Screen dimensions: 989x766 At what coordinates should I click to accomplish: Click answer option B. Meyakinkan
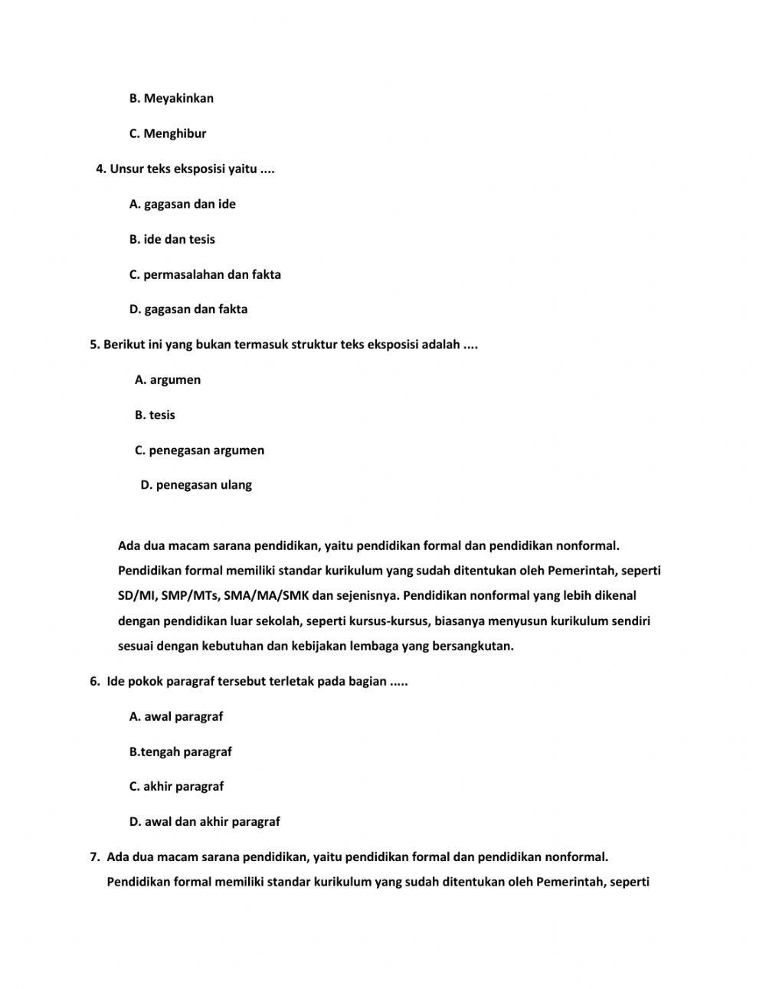pyautogui.click(x=172, y=98)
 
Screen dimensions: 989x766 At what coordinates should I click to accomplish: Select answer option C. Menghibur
pyautogui.click(x=168, y=133)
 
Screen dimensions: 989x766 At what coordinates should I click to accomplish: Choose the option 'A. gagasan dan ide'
pyautogui.click(x=182, y=204)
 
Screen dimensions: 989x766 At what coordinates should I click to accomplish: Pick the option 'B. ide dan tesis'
pyautogui.click(x=172, y=239)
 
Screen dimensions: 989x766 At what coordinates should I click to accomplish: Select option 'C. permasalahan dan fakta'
pyautogui.click(x=205, y=274)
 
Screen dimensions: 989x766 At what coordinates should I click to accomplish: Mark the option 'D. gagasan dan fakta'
pyautogui.click(x=188, y=309)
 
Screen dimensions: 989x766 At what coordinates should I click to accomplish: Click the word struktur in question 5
pyautogui.click(x=315, y=345)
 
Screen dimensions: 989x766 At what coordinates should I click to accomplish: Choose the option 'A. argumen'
pyautogui.click(x=168, y=380)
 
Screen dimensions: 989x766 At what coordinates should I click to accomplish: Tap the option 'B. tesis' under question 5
pyautogui.click(x=155, y=415)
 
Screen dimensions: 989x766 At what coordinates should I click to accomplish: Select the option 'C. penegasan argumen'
pyautogui.click(x=200, y=450)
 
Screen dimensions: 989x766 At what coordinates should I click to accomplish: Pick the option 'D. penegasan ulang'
pyautogui.click(x=196, y=485)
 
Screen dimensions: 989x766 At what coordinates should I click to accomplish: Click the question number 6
pyautogui.click(x=94, y=682)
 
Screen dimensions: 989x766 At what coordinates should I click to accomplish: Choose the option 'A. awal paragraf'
pyautogui.click(x=176, y=717)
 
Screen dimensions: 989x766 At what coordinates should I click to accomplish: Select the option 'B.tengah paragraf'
pyautogui.click(x=181, y=752)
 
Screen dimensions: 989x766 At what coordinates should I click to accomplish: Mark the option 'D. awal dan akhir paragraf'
pyautogui.click(x=205, y=822)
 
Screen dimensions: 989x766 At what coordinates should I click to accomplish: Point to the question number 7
pyautogui.click(x=94, y=857)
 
